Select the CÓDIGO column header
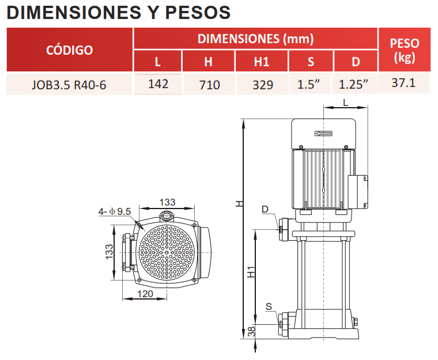[x=69, y=50]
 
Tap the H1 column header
[x=262, y=62]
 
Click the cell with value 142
[x=158, y=84]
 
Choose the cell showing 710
[x=209, y=85]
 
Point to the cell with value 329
[x=262, y=85]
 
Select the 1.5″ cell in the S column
[x=309, y=85]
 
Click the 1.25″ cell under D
[x=353, y=85]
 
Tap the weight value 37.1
[x=403, y=83]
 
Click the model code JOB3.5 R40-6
[x=70, y=85]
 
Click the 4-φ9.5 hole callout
[x=115, y=211]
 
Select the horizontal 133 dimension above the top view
[x=167, y=202]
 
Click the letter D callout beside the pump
[x=265, y=209]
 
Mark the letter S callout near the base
[x=269, y=306]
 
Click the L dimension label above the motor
[x=345, y=102]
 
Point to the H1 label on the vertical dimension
[x=250, y=272]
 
